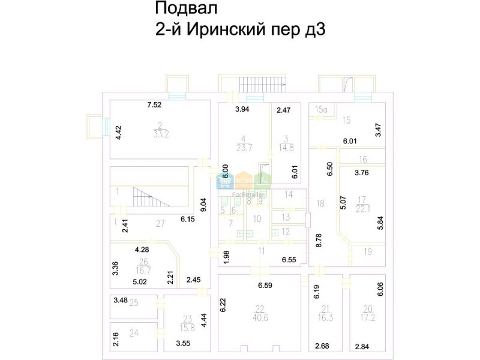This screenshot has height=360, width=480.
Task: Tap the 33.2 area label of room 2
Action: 161,134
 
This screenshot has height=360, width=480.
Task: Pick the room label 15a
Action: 322,109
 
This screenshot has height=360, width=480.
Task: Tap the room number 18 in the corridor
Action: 320,204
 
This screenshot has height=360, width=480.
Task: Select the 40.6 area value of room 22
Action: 260,319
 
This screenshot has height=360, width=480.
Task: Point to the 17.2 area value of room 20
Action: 368,319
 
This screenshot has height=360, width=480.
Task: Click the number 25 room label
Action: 134,303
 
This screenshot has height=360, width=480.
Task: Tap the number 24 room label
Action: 134,333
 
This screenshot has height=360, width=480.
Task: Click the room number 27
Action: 160,224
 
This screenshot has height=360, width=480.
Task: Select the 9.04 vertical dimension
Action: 204,205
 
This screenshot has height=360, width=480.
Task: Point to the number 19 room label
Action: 367,253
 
